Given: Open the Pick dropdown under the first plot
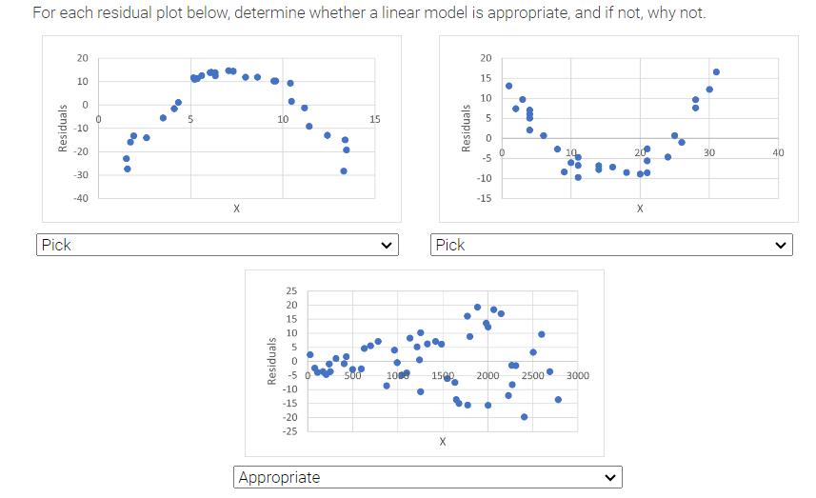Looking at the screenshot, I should tap(217, 245).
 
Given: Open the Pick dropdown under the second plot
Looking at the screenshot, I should tap(614, 245).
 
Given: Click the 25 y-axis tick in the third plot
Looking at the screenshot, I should tap(290, 290).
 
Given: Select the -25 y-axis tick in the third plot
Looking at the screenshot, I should tap(289, 431).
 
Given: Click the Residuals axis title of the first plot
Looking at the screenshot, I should tap(63, 129).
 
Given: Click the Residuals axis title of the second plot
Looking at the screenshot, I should tap(466, 129).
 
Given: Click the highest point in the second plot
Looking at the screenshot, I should tap(716, 72).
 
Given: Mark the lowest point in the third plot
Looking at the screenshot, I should tap(524, 417).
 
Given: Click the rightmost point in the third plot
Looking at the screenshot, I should tap(558, 399).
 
